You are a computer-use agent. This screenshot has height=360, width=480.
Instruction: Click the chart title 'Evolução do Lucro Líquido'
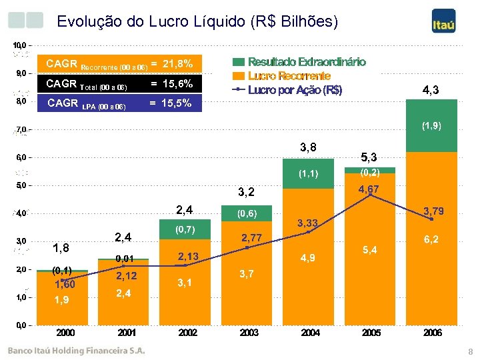[x=197, y=21]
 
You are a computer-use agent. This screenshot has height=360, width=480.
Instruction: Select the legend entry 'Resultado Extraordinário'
[x=307, y=62]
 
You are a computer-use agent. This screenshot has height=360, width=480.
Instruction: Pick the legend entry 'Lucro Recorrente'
[x=289, y=76]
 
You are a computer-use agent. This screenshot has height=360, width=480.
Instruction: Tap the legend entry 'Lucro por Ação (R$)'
[x=295, y=90]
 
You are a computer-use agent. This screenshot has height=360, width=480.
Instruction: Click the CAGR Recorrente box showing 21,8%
[x=119, y=64]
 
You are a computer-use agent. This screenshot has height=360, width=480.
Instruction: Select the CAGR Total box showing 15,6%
[x=119, y=84]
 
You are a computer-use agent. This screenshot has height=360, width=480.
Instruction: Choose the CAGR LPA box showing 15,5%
[x=119, y=103]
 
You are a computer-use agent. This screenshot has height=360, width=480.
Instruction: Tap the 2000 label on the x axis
[x=65, y=333]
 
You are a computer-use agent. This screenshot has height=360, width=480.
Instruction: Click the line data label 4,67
[x=369, y=189]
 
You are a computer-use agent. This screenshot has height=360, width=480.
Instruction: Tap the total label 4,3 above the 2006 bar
[x=431, y=90]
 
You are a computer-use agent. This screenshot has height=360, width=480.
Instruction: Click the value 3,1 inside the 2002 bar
[x=186, y=283]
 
